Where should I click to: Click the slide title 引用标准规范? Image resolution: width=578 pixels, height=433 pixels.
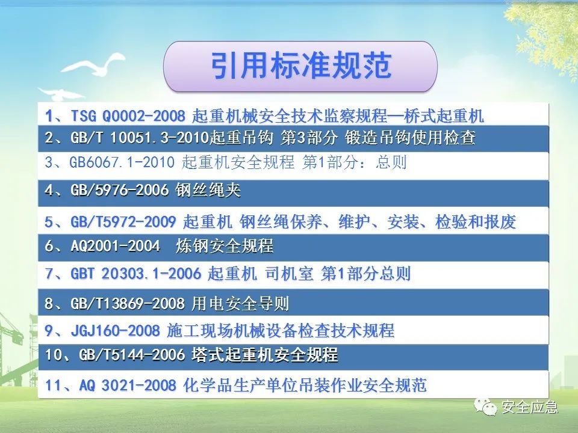(301, 66)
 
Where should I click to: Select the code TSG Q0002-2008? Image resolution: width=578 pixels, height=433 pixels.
(128, 116)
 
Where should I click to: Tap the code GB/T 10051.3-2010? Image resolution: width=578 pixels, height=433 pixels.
(140, 138)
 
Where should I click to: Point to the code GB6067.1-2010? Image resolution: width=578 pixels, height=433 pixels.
(122, 162)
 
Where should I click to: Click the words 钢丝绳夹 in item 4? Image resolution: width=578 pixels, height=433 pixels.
(208, 190)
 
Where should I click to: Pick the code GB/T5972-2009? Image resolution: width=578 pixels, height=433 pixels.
(123, 222)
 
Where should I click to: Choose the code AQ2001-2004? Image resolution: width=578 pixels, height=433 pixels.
(115, 245)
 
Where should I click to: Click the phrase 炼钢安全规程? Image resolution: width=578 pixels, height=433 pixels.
(224, 245)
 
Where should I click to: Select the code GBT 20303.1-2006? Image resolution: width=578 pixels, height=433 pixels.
(135, 274)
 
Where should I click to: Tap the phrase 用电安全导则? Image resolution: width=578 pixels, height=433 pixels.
(240, 303)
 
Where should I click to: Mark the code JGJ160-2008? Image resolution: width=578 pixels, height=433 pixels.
(115, 331)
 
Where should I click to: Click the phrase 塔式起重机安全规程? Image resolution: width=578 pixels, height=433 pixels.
(264, 355)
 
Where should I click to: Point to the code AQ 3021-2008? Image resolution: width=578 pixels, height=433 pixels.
(128, 385)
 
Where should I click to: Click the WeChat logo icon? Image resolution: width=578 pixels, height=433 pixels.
(485, 407)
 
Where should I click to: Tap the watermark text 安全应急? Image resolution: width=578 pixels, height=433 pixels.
(529, 407)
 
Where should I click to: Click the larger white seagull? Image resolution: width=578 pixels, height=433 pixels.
(94, 65)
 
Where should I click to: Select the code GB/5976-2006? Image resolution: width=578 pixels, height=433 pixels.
(119, 190)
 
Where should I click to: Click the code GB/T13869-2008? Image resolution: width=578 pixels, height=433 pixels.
(128, 303)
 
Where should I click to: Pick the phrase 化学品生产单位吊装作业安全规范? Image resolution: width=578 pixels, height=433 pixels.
(305, 385)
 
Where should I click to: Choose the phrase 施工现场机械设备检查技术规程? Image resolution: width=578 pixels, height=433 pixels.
(280, 331)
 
